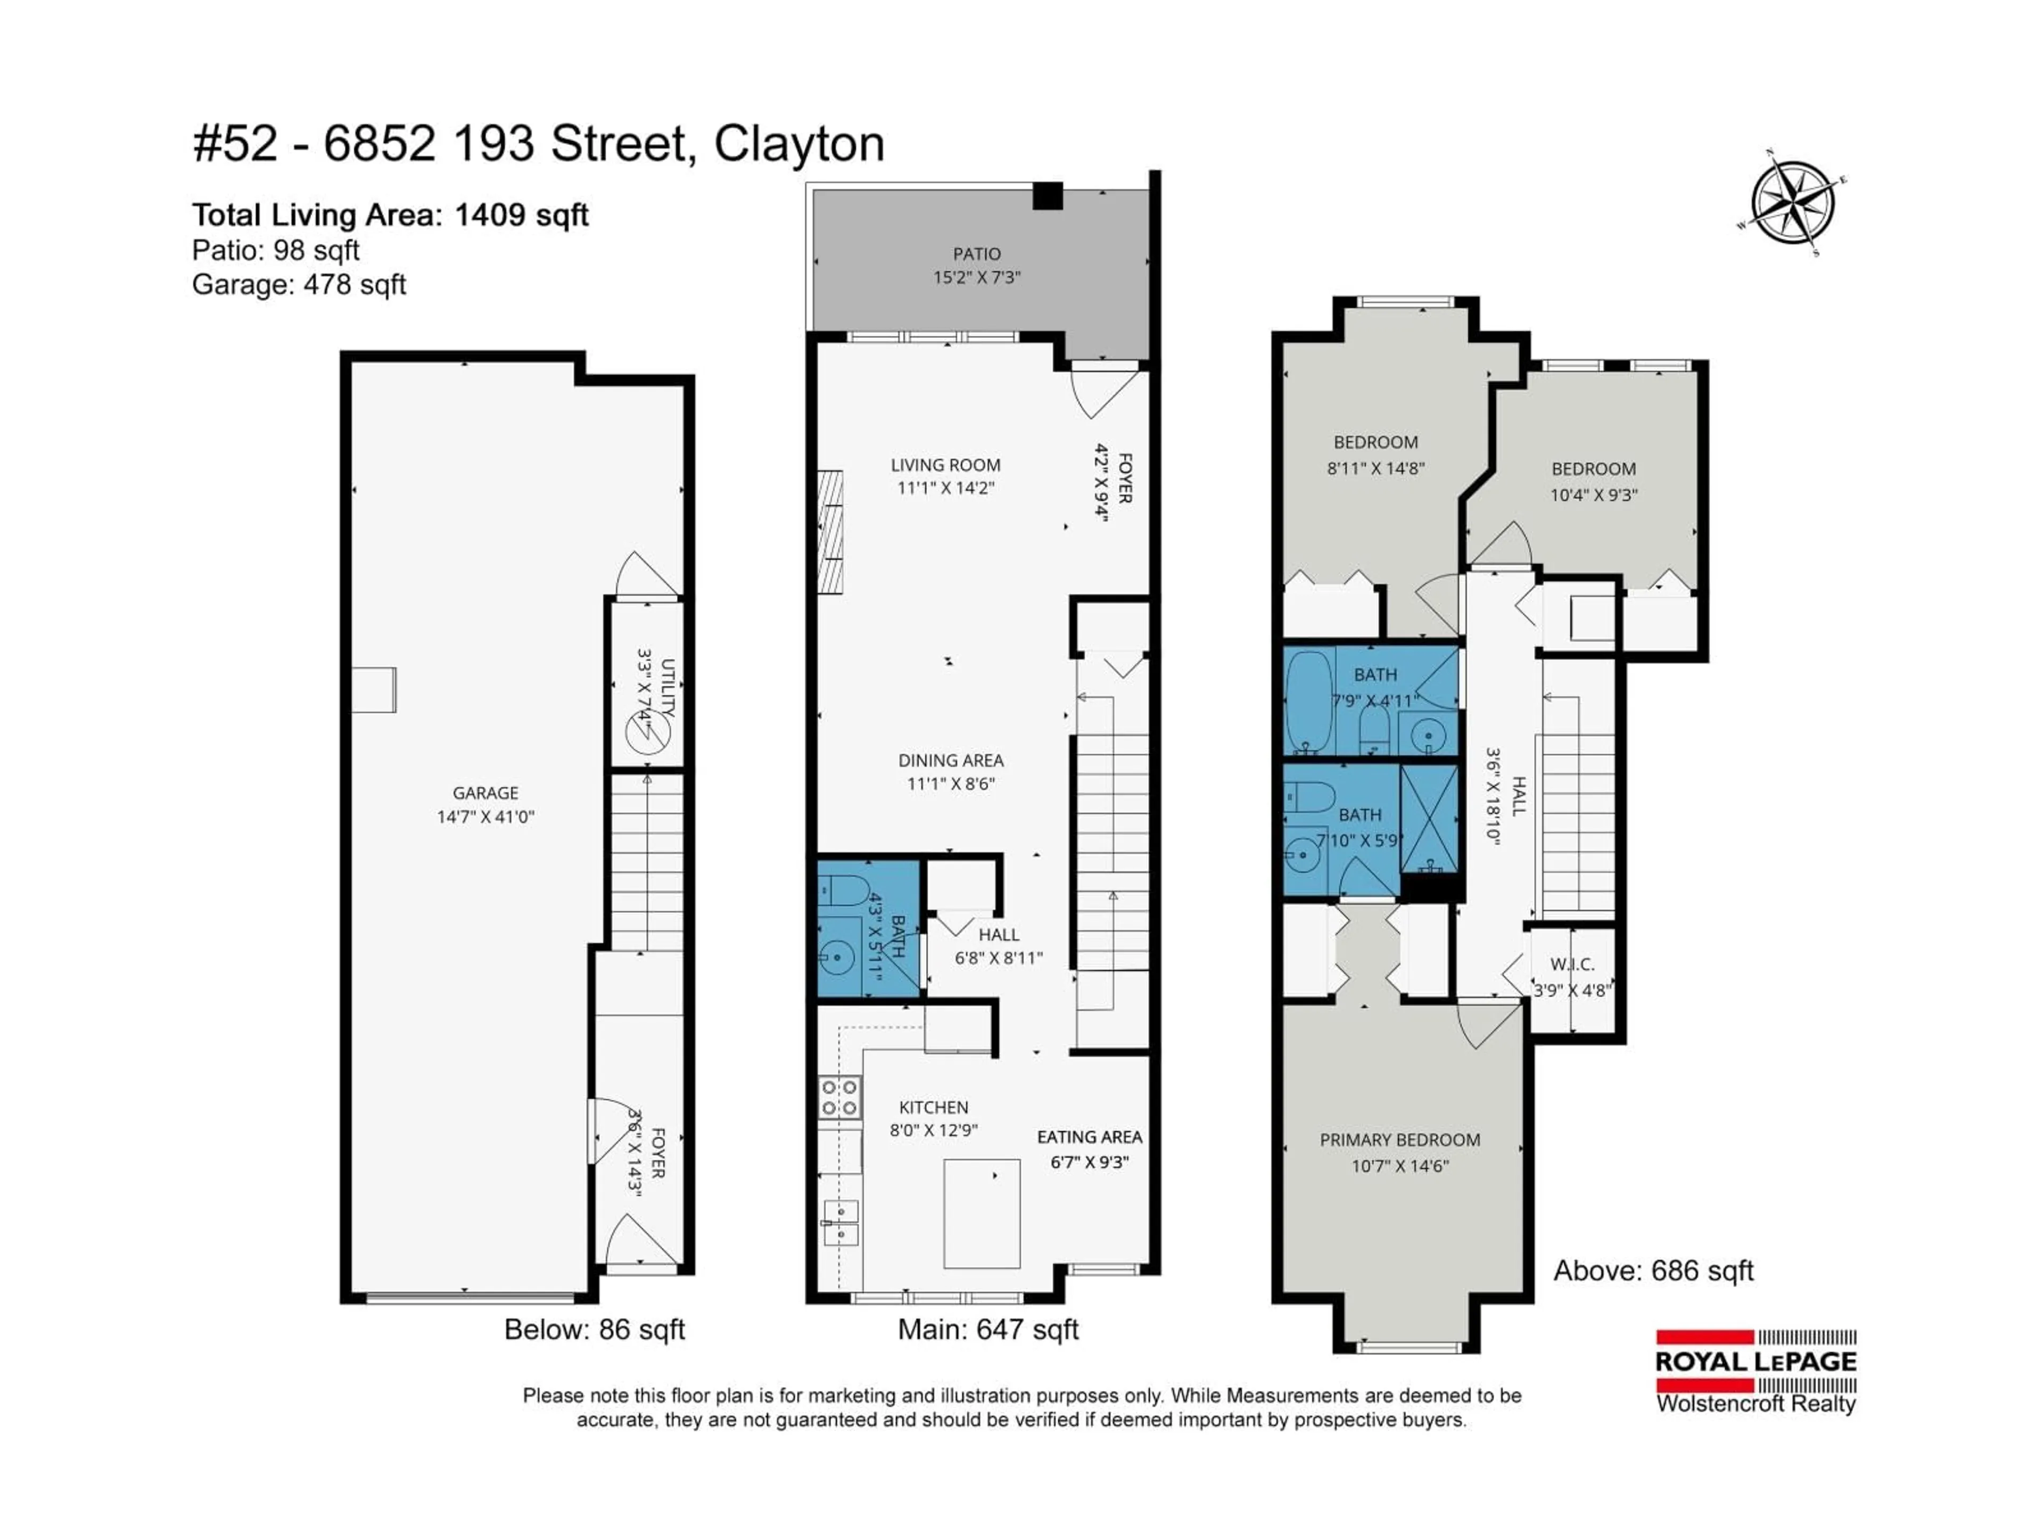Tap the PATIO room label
(977, 254)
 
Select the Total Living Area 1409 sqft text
(390, 215)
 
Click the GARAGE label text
(485, 793)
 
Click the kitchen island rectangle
(982, 1213)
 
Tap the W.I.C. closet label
(1572, 965)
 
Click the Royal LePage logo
(1755, 1372)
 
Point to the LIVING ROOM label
(945, 465)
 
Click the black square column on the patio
(1047, 196)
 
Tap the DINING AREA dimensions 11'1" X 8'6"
(951, 784)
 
